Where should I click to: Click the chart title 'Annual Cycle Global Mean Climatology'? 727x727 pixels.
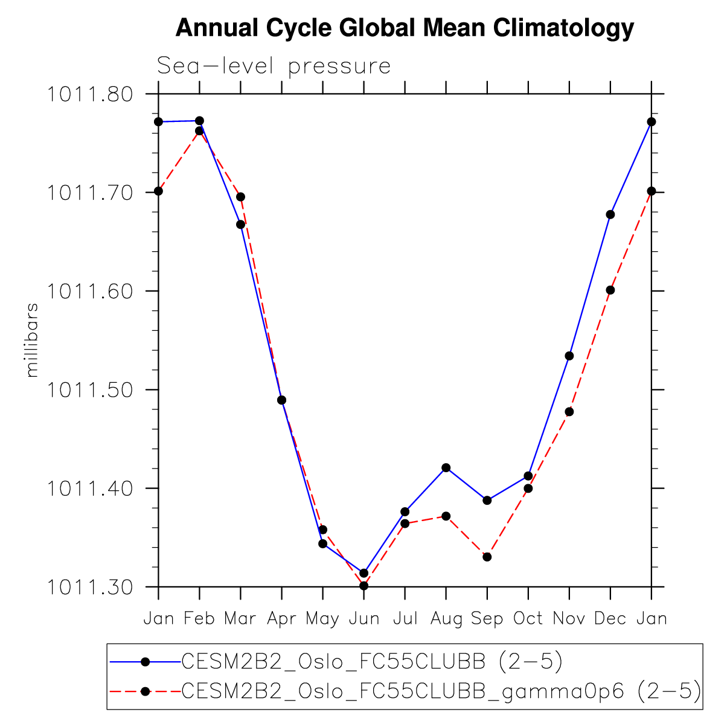coord(405,28)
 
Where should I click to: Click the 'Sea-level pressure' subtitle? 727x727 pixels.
coord(274,66)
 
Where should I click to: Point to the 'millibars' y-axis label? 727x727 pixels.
coord(33,340)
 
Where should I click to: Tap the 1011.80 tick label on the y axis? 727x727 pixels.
coord(90,95)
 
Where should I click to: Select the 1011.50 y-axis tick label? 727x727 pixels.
coord(90,390)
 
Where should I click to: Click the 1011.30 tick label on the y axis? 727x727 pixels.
coord(90,587)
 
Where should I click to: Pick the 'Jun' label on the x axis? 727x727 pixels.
coord(363,619)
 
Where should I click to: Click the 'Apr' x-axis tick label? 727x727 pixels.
coord(281,619)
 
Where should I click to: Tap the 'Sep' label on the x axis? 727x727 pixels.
coord(487,619)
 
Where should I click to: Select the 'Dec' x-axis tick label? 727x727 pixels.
coord(610,619)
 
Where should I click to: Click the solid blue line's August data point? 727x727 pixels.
coord(446,467)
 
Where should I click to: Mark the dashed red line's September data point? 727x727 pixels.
coord(487,557)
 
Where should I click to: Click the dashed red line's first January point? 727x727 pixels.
coord(158,191)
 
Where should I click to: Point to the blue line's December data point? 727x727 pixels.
coord(610,214)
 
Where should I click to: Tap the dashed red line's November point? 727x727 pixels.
coord(569,412)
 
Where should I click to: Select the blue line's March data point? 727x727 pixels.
coord(240,225)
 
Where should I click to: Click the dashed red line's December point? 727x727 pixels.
coord(610,290)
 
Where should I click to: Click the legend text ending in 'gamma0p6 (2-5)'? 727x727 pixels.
coord(441,690)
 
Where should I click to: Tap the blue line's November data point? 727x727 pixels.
coord(569,356)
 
